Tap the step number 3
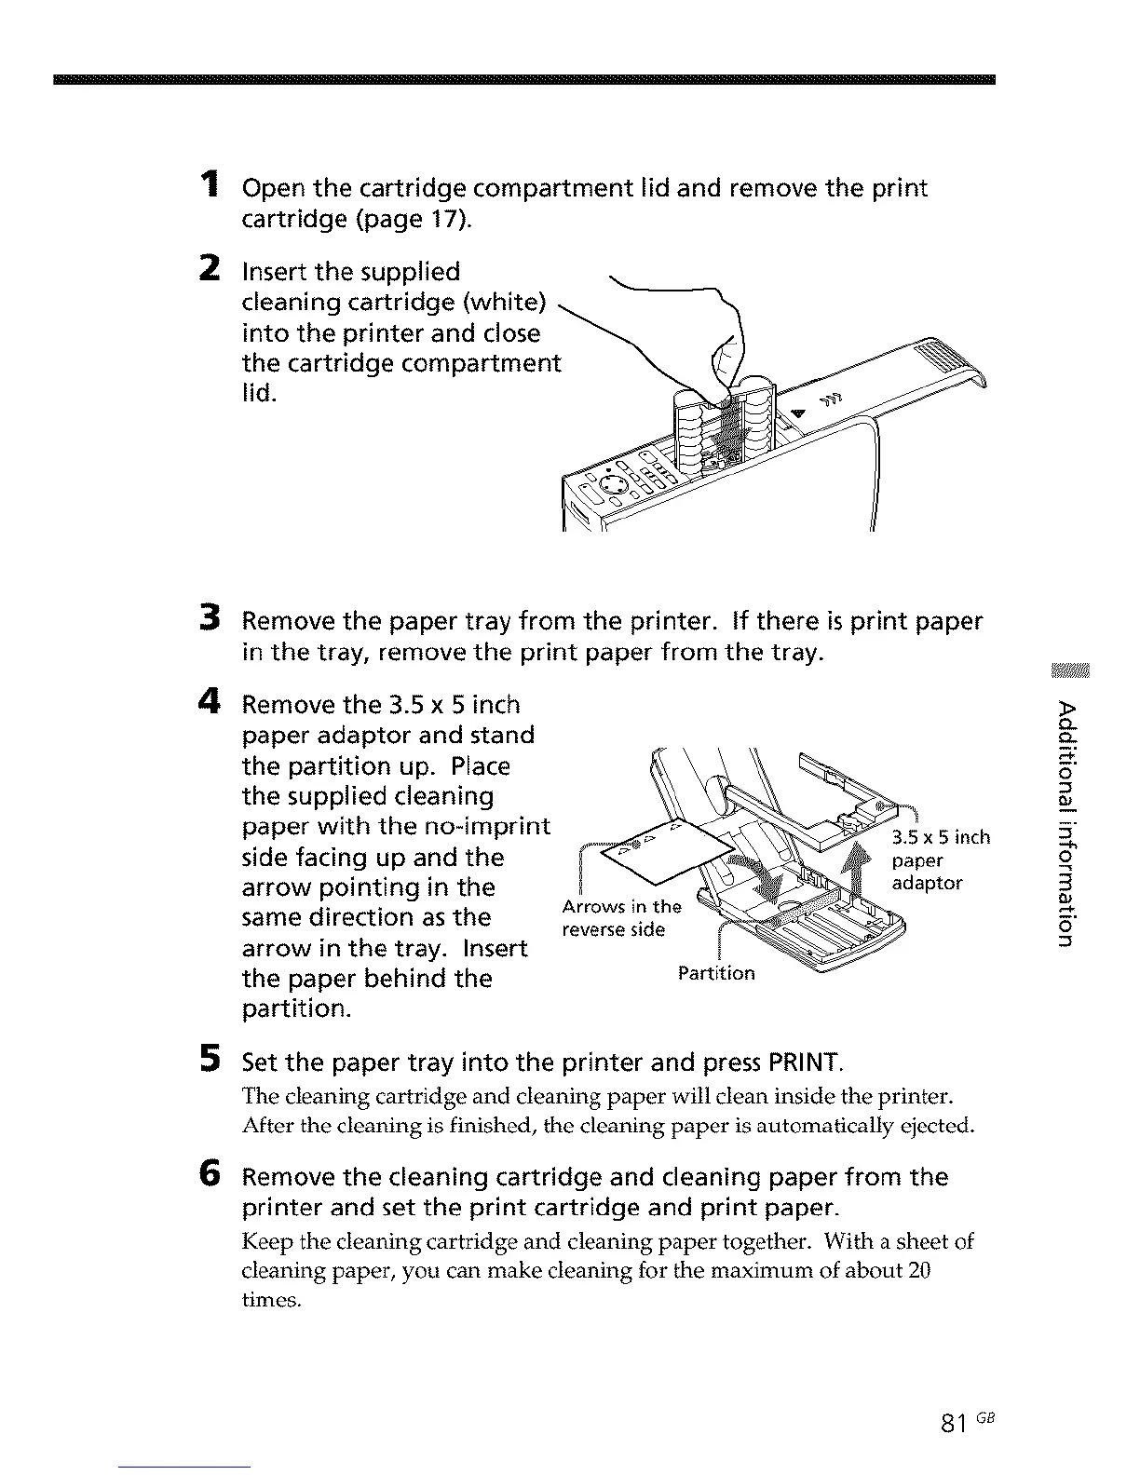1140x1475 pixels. tap(211, 617)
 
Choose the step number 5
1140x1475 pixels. tap(211, 1058)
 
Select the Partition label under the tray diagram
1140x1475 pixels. tap(716, 973)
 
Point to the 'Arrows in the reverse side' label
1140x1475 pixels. tap(618, 918)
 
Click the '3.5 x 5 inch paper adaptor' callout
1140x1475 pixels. tap(939, 859)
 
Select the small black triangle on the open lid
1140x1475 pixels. tap(796, 413)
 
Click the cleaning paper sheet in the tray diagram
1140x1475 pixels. tap(671, 846)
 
